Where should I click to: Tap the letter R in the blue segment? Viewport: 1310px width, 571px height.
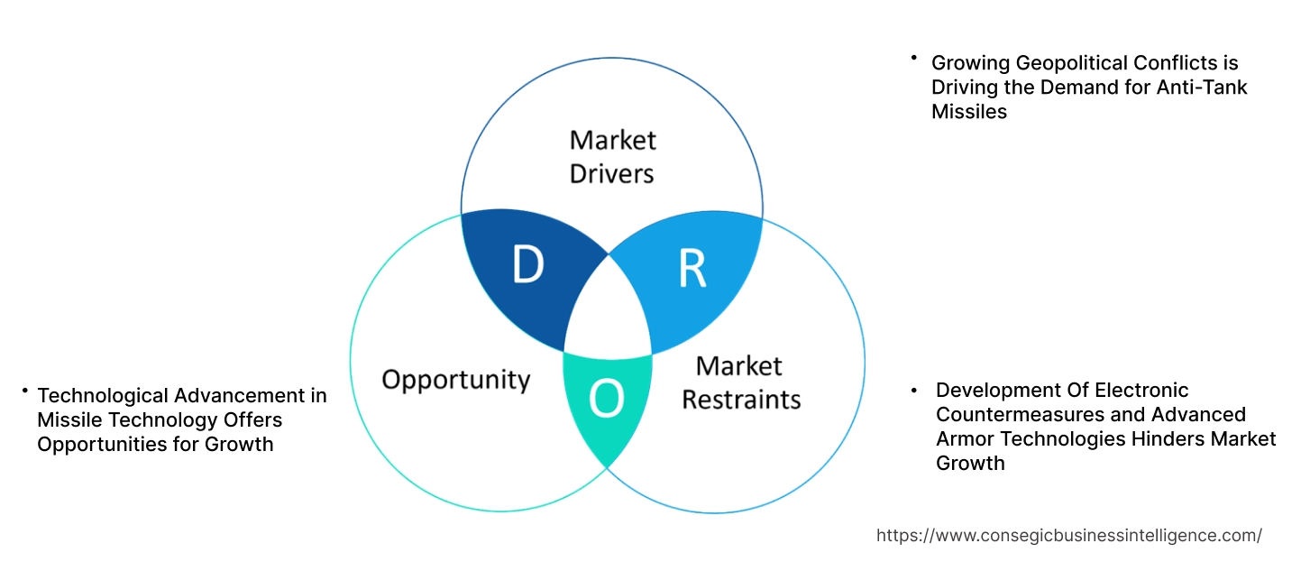(692, 269)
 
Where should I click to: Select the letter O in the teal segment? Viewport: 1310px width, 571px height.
(606, 400)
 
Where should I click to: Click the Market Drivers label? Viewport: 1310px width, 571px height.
(612, 156)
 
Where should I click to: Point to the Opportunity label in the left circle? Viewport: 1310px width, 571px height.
(456, 379)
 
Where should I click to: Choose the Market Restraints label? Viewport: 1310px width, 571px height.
(740, 382)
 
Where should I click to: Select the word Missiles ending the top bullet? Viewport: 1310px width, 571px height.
(968, 112)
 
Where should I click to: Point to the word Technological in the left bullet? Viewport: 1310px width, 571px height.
(103, 395)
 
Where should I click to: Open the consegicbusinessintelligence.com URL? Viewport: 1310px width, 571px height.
(1068, 535)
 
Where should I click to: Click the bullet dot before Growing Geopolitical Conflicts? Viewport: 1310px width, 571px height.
(913, 58)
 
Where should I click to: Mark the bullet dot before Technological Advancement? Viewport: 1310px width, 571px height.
(25, 391)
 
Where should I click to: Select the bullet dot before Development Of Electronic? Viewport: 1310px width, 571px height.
(913, 390)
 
